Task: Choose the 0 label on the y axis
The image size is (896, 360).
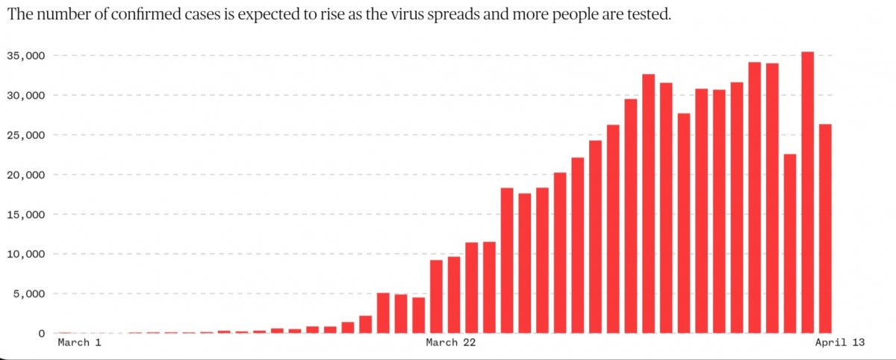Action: click(x=42, y=333)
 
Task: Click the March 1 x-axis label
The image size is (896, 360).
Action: click(x=78, y=343)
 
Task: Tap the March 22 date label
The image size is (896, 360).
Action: click(x=450, y=343)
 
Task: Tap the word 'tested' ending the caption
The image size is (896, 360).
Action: click(x=650, y=15)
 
